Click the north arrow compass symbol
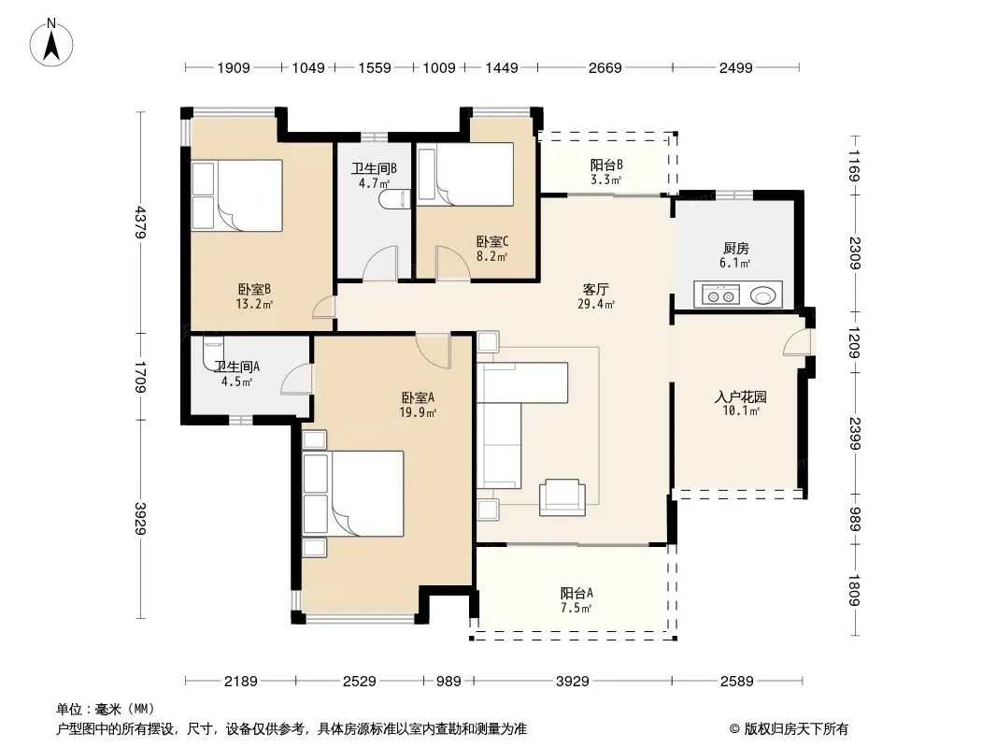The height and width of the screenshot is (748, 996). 51,43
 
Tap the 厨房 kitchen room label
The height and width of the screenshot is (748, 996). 735,249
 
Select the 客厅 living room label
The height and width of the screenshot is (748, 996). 595,289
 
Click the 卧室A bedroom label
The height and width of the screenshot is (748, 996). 418,397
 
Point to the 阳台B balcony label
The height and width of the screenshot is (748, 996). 606,165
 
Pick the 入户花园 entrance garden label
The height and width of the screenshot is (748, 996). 741,397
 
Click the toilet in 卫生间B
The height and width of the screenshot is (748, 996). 395,199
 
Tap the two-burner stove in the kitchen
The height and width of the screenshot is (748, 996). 721,295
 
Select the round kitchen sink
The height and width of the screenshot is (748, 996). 762,295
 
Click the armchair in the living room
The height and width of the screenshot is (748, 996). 562,497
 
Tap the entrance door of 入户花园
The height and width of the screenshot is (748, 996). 799,342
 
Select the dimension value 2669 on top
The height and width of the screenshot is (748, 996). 605,67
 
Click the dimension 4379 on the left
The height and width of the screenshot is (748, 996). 140,223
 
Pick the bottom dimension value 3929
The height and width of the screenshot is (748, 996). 573,682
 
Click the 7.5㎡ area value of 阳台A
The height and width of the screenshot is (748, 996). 576,608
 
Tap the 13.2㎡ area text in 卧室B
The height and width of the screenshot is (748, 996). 254,304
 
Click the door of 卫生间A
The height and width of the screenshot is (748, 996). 296,380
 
